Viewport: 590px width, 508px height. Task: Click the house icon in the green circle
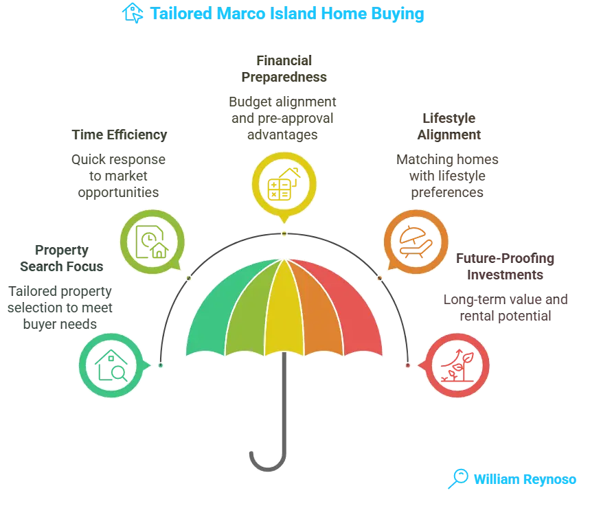tap(112, 365)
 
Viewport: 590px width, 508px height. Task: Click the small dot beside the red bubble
tap(407, 365)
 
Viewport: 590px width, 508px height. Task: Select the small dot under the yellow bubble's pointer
tap(284, 234)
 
